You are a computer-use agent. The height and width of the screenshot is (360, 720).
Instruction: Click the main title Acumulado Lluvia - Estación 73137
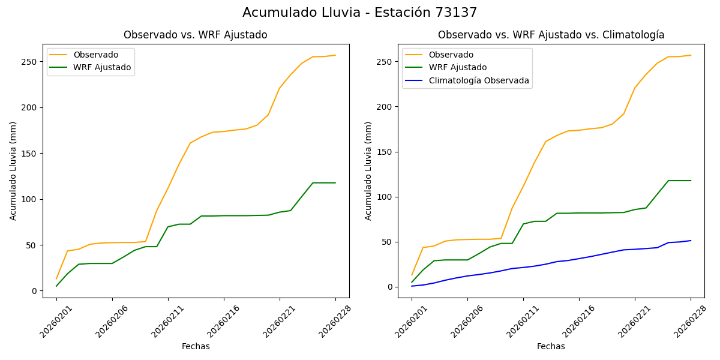[360, 13]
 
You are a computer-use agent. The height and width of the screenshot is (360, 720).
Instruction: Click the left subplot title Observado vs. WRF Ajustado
[195, 35]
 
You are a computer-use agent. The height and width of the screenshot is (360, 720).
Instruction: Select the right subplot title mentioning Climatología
[551, 35]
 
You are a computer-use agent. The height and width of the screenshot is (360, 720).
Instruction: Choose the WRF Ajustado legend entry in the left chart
[102, 67]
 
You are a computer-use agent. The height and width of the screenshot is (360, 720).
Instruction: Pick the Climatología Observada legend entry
[478, 80]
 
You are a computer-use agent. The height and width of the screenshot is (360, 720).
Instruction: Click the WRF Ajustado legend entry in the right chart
[457, 67]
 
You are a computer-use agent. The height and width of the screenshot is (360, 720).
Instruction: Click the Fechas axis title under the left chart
[196, 346]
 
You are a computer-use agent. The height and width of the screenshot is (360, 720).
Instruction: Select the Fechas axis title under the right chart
[551, 346]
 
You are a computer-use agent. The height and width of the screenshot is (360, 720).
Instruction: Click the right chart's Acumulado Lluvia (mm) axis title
[368, 171]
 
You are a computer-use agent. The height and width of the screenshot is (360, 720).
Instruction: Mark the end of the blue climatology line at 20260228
[691, 241]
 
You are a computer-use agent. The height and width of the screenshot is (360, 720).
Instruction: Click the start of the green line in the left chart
[56, 286]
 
